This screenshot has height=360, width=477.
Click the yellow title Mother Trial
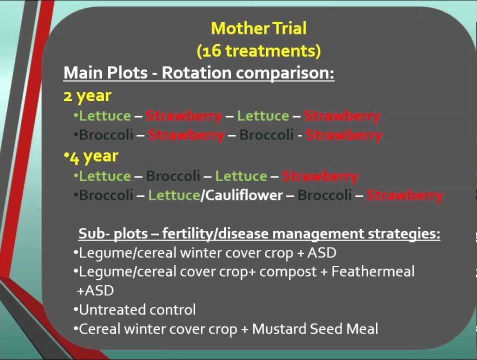pos(258,28)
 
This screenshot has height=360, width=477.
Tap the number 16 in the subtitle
pos(211,50)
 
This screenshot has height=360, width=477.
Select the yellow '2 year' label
pos(87,96)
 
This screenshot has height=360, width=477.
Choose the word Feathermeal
pos(373,271)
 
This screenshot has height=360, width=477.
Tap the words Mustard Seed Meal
pos(315,328)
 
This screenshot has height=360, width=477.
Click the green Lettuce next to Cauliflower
pos(174,195)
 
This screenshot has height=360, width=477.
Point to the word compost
pos(288,272)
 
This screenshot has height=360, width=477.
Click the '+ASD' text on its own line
pos(95,290)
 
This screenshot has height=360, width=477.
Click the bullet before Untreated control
pos(75,310)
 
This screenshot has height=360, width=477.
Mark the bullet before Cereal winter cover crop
pos(75,328)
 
